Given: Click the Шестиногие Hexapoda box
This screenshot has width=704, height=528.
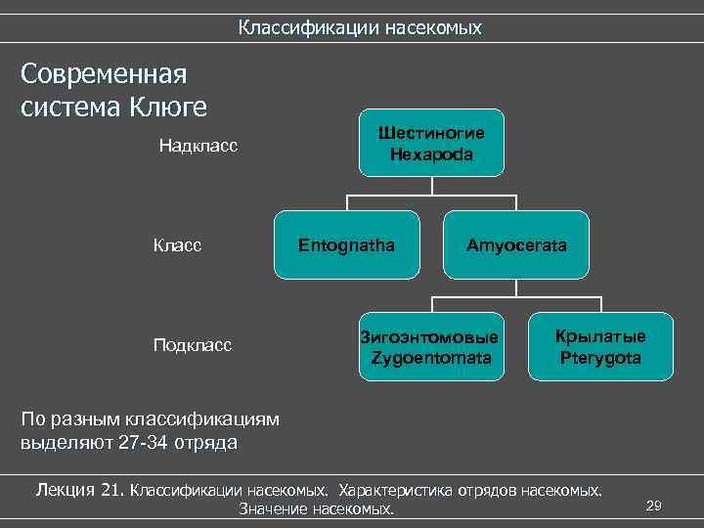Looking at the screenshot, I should click(x=431, y=143).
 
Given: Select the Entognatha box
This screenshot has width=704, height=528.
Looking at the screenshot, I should click(x=347, y=244).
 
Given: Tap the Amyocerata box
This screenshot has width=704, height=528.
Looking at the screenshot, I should click(x=516, y=244).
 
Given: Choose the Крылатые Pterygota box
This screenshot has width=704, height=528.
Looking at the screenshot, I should click(x=600, y=346).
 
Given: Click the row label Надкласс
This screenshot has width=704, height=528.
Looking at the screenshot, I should click(x=199, y=147).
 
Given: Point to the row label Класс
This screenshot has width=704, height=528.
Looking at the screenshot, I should click(x=177, y=244).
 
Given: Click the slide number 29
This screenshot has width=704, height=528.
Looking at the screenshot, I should click(x=654, y=505).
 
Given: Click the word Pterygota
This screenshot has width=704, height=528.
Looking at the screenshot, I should click(x=600, y=357).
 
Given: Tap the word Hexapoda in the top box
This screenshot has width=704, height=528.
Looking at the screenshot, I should click(x=431, y=154).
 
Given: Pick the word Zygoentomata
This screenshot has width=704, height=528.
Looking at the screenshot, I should click(x=431, y=357).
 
